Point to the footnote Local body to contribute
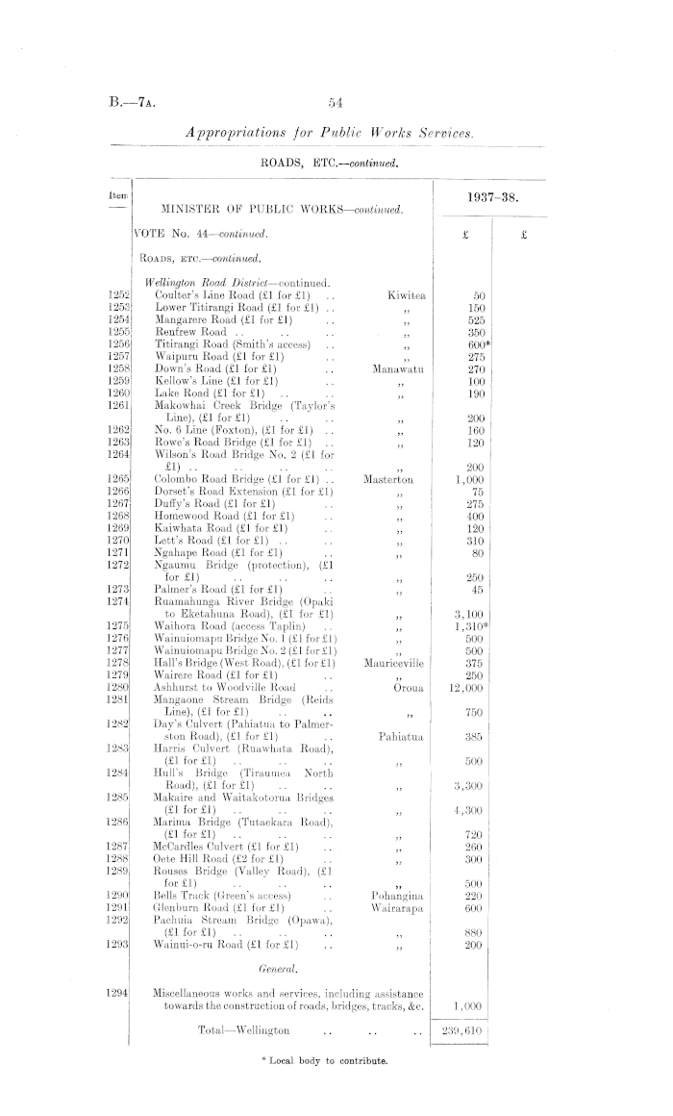(x=322, y=1060)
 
